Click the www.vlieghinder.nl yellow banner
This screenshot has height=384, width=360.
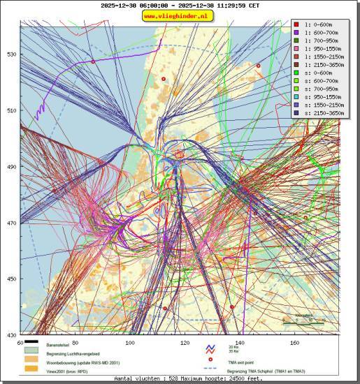coord(180,15)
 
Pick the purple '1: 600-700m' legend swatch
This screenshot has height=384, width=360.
coord(296,33)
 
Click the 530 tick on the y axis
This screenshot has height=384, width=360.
coord(13,54)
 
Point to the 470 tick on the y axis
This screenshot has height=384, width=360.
coord(13,223)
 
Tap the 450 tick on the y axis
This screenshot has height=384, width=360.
coord(13,279)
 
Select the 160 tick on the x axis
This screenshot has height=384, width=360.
coord(295,343)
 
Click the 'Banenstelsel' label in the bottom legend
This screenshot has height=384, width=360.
coord(59,346)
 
